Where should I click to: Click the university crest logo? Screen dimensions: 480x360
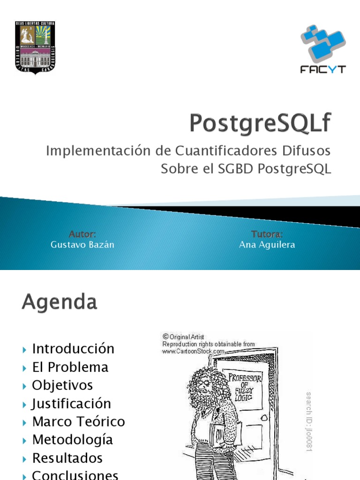36,47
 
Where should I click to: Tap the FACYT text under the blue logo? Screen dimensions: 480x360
323,69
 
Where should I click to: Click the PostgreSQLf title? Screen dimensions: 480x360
260,124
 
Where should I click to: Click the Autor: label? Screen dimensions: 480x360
82,234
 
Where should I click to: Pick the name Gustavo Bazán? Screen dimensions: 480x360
82,245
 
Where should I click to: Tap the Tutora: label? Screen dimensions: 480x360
267,234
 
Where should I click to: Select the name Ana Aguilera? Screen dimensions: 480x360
267,245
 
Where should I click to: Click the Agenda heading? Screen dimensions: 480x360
60,302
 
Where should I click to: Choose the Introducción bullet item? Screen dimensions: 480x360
73,349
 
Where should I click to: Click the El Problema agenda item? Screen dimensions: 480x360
70,367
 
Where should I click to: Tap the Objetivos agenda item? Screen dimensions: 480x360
62,385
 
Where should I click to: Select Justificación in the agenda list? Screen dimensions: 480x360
71,404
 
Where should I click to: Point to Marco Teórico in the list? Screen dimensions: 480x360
78,421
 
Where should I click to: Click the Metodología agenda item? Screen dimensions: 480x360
73,440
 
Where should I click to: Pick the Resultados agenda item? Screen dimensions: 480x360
67,458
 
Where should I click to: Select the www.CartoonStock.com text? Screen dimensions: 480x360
193,351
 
